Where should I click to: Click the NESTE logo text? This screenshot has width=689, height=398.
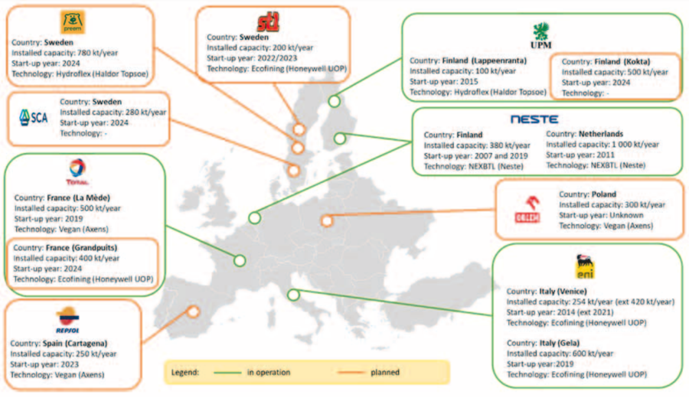coord(534,119)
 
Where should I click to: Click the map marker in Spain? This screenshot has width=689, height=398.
coord(194,312)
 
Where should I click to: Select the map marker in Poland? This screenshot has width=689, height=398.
coord(327,220)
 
